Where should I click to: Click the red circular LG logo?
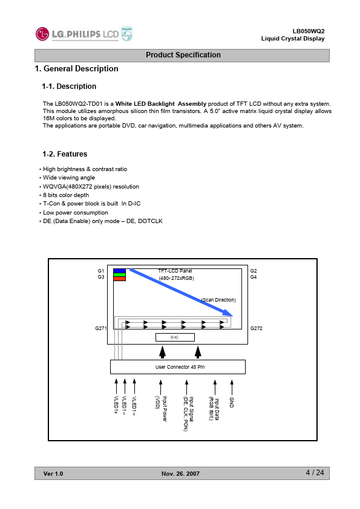(42, 34)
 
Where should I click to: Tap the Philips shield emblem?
(126, 34)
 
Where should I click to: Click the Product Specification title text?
(183, 55)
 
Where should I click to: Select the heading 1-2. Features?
(65, 154)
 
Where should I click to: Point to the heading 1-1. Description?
(69, 86)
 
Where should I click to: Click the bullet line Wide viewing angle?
(69, 178)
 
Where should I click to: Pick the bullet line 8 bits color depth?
(66, 195)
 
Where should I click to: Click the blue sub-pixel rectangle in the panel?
(119, 271)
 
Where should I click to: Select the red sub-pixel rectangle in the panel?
(119, 279)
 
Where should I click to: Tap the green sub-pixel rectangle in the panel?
(119, 275)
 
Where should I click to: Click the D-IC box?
(175, 337)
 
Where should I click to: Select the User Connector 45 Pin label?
(180, 367)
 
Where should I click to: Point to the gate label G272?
(257, 328)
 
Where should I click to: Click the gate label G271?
(100, 328)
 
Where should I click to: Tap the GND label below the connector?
(232, 402)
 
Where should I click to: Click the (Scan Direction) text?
(218, 300)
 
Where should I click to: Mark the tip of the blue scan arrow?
(232, 316)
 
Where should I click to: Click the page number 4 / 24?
(315, 473)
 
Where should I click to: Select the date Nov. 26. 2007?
(181, 473)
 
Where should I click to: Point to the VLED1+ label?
(116, 405)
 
